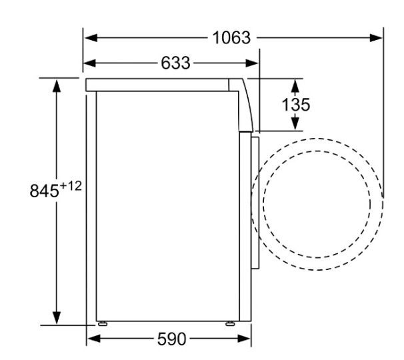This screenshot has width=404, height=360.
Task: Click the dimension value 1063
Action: click(232, 38)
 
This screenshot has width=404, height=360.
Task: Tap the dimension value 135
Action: click(295, 105)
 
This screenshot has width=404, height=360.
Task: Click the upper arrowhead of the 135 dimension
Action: click(295, 84)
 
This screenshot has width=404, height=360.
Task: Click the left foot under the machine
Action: click(103, 324)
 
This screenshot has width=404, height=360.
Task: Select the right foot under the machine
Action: click(229, 324)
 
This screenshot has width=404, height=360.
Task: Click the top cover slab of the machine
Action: click(160, 84)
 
